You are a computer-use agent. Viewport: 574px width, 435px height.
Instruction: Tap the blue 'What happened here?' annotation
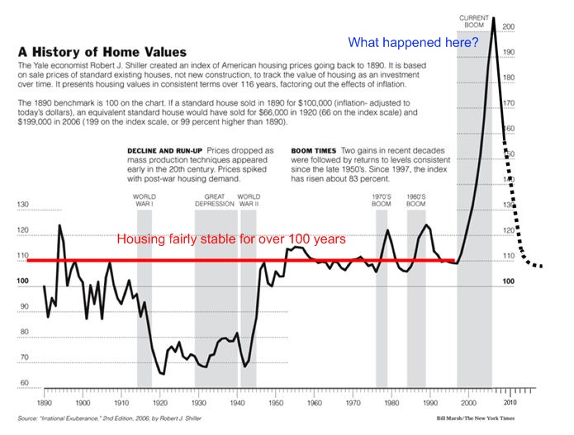coord(407,41)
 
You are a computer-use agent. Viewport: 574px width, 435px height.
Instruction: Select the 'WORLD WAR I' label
coord(145,201)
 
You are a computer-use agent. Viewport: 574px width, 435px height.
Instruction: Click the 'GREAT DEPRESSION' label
coord(215,201)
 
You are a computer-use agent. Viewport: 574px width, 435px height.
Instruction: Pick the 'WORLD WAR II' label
coord(249,201)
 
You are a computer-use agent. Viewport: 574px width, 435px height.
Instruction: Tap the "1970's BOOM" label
coord(382,201)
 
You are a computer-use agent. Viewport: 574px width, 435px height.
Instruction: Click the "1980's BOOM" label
coord(415,201)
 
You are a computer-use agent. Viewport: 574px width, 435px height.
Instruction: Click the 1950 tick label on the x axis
coord(275,404)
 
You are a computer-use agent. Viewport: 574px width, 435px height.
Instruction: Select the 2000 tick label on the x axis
coord(467,404)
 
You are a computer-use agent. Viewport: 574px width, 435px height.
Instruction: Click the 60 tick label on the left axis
coord(23,383)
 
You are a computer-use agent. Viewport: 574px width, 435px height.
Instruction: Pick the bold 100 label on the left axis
coord(23,281)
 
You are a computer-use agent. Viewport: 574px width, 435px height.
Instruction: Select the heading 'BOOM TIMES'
coord(311,150)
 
